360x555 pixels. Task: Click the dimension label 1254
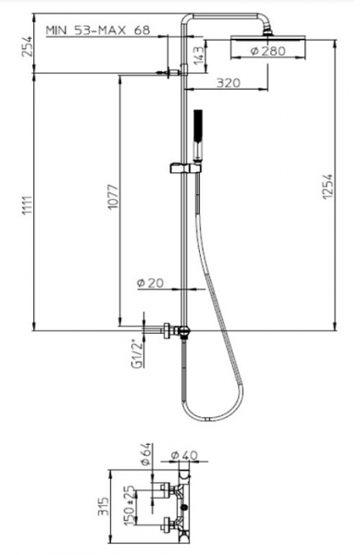[x=328, y=186]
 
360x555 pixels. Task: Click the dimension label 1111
[x=27, y=205]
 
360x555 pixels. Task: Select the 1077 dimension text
[x=114, y=196]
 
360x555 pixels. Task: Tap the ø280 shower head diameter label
[x=267, y=51]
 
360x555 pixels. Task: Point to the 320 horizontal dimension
[x=228, y=83]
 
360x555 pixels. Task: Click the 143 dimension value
[x=199, y=55]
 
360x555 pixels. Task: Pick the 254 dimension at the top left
[x=27, y=46]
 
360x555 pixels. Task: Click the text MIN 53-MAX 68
[x=98, y=31]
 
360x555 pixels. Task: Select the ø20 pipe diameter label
[x=151, y=283]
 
